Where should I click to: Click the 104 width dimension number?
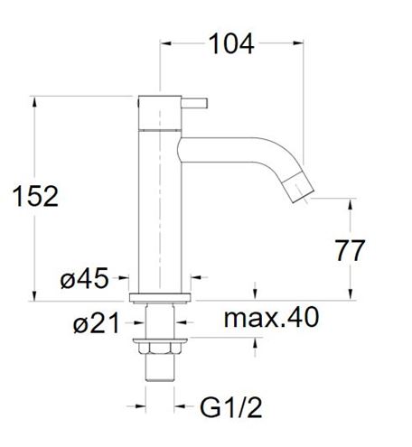point(231,44)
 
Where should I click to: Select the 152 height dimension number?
point(35,196)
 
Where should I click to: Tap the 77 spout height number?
point(350,250)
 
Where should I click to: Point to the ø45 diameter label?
point(84,278)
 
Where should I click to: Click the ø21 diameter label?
point(97,322)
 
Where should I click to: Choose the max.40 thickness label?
point(271,317)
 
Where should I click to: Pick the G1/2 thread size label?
point(231,407)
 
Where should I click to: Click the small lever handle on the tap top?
point(194,103)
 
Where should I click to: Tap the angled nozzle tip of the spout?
point(299,188)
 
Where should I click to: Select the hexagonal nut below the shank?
point(160,348)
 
